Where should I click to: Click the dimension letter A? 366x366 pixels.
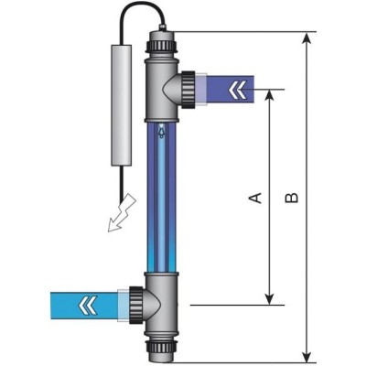[x=257, y=197]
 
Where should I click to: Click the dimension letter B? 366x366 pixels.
[x=291, y=197]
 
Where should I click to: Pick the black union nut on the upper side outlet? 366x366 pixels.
[x=187, y=89]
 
